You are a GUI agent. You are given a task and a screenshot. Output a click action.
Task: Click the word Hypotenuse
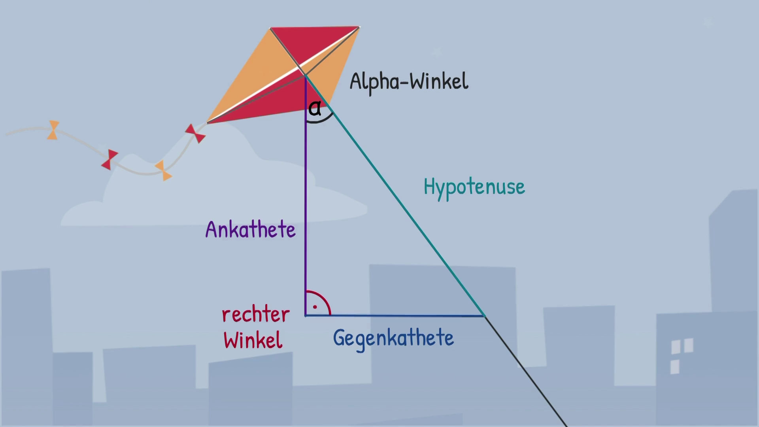474,187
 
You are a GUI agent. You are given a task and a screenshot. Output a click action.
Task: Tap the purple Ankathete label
250,230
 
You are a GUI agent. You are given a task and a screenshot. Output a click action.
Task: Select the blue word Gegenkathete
393,338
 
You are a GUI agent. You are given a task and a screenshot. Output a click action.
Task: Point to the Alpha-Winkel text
409,81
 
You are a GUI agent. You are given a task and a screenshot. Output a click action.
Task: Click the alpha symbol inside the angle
315,108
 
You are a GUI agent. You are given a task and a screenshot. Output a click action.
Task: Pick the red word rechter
256,315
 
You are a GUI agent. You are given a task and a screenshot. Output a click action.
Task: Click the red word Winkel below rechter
253,340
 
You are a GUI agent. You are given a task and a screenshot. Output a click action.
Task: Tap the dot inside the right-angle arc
315,307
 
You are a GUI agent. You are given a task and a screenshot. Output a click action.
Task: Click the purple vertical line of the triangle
306,198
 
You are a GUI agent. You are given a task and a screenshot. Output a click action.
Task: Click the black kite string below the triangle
526,372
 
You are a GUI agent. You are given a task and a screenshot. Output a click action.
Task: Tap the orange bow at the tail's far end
53,130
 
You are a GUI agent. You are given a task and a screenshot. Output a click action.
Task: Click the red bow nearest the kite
195,133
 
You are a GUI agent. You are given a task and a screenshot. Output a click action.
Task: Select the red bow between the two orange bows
110,160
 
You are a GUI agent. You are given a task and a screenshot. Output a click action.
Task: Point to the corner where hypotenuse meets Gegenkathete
484,316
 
